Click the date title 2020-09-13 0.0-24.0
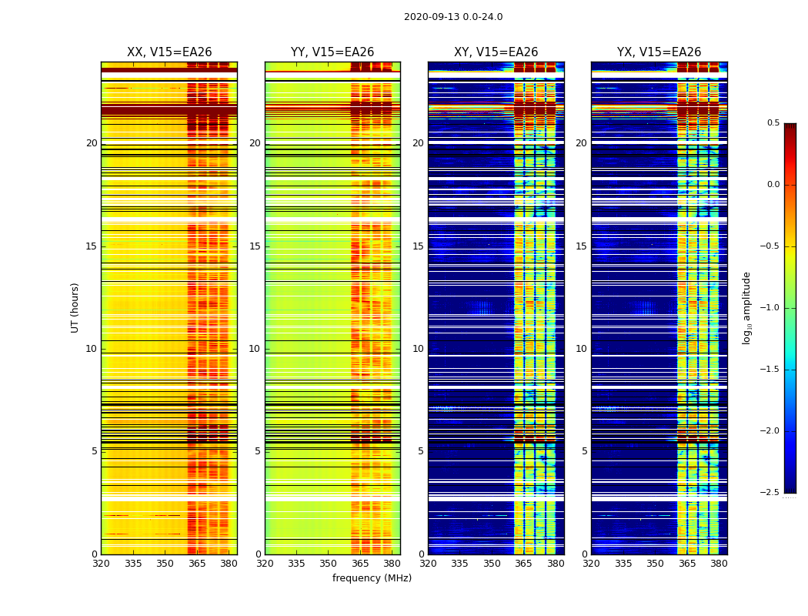(x=453, y=17)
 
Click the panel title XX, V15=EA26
(x=169, y=52)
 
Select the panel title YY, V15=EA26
(x=332, y=52)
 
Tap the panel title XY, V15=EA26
(x=496, y=52)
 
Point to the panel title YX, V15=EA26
(x=659, y=52)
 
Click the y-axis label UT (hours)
(x=75, y=307)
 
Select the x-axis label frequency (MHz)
(x=372, y=578)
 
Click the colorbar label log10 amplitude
(x=746, y=307)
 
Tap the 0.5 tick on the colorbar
(x=773, y=123)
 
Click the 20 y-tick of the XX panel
(x=92, y=143)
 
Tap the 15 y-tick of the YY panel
(x=255, y=246)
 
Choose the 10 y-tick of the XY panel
(x=418, y=349)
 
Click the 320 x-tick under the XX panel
(x=101, y=564)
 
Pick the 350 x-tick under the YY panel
(x=329, y=564)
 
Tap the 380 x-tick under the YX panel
(x=719, y=564)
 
